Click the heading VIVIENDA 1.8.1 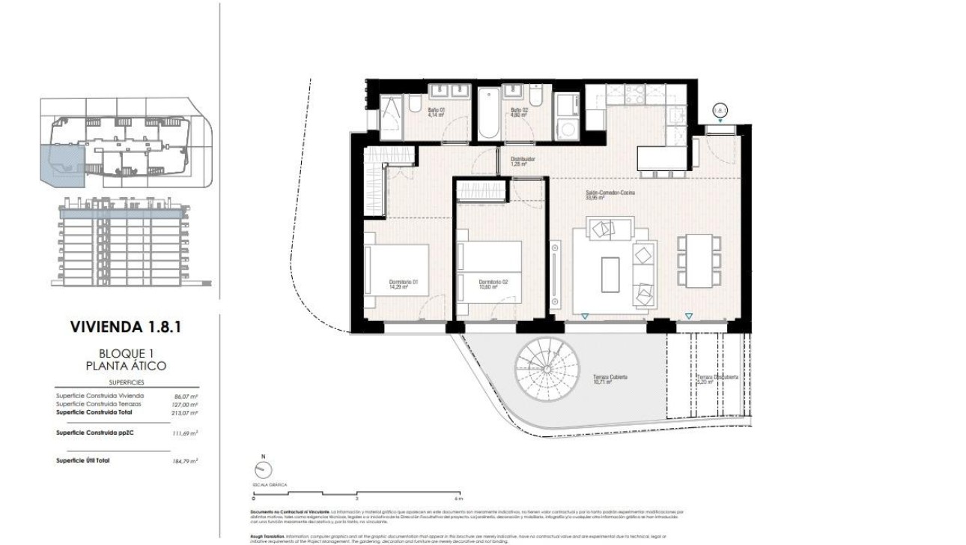(x=126, y=327)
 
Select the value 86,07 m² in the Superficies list (x=184, y=396)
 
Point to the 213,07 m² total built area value (x=184, y=412)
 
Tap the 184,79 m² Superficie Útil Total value (x=184, y=460)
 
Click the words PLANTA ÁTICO (x=126, y=366)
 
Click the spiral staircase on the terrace (x=547, y=368)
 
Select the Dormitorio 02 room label (x=493, y=283)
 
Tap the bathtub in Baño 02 (x=487, y=114)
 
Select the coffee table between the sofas (x=610, y=275)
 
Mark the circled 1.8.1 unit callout (x=720, y=110)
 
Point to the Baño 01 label (x=436, y=112)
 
